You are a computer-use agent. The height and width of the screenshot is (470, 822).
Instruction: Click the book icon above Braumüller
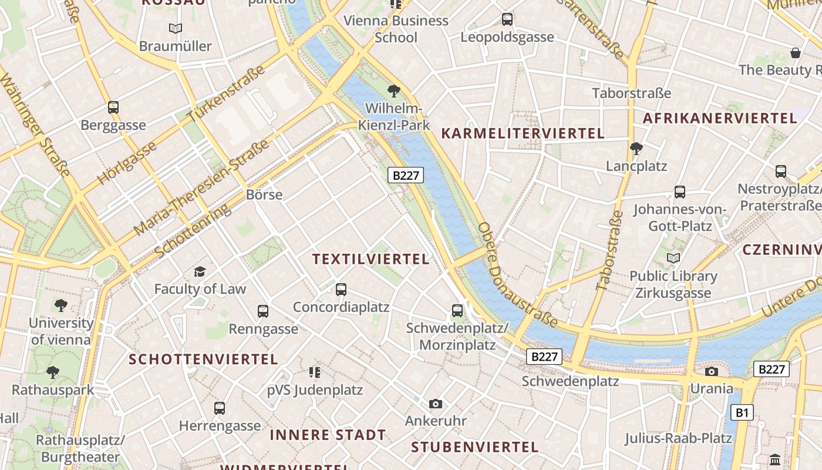[x=175, y=28]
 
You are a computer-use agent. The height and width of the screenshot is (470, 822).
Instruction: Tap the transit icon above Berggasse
[x=113, y=108]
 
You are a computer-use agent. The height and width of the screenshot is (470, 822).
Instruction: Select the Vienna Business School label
[x=396, y=29]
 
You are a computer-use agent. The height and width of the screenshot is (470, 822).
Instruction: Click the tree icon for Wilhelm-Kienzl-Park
[x=393, y=91]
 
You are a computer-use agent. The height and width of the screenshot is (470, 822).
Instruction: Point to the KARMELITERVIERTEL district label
[x=523, y=133]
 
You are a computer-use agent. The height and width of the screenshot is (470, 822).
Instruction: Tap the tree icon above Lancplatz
[x=636, y=148]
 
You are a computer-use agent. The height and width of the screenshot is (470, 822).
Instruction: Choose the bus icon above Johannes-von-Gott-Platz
[x=679, y=192]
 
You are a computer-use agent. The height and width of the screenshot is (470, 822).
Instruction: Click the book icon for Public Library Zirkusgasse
[x=673, y=258]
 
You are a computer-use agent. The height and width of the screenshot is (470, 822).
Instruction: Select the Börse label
[x=264, y=194]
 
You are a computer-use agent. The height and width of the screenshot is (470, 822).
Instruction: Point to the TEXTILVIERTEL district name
[x=370, y=259]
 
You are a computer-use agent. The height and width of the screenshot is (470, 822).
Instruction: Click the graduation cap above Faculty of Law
[x=200, y=271]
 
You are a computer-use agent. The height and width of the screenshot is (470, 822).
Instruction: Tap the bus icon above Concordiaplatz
[x=341, y=289]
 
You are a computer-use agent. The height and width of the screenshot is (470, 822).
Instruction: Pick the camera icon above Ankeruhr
[x=435, y=404]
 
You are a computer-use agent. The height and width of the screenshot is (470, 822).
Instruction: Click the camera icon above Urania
[x=711, y=371]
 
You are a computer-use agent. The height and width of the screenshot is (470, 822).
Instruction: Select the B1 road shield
[x=742, y=412]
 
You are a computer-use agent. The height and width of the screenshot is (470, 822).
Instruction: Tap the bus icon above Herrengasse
[x=220, y=408]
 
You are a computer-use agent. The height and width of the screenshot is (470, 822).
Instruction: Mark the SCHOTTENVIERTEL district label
[x=203, y=359]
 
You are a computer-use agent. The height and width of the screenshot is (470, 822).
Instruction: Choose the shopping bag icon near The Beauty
[x=796, y=53]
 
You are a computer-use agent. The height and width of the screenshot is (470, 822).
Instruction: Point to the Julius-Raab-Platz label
[x=678, y=438]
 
